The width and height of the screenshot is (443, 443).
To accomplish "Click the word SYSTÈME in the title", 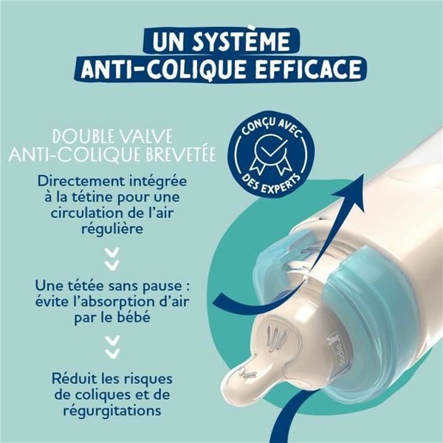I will tap(247, 38).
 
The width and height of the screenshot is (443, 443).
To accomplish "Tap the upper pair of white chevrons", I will tap(112, 258).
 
